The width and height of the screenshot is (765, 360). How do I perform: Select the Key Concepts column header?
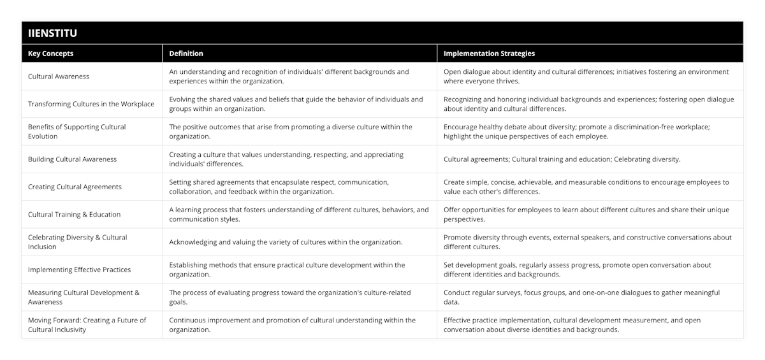[50, 54]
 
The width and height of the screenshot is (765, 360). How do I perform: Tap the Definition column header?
[186, 54]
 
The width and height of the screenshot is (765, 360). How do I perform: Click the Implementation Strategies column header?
[489, 54]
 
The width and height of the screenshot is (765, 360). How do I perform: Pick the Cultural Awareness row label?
[59, 76]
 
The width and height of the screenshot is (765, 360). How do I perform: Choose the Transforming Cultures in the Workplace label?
[91, 104]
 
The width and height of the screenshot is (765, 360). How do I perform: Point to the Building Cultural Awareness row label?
[72, 159]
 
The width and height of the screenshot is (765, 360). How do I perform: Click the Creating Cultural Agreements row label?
[75, 187]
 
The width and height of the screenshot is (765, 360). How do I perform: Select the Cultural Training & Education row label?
[74, 214]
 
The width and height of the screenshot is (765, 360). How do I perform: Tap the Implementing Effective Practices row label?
[79, 270]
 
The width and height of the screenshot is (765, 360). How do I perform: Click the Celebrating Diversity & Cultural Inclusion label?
[77, 242]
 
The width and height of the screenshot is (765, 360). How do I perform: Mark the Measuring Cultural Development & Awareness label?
[84, 297]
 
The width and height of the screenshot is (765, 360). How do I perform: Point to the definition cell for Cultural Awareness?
[289, 76]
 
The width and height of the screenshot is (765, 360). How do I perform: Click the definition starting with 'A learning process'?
[298, 214]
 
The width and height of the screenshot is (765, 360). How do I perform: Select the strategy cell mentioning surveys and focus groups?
[581, 297]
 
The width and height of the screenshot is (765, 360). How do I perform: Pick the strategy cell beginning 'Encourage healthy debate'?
[576, 131]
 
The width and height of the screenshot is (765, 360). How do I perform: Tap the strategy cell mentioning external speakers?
[587, 242]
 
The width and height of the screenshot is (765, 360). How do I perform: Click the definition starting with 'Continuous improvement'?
[292, 325]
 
